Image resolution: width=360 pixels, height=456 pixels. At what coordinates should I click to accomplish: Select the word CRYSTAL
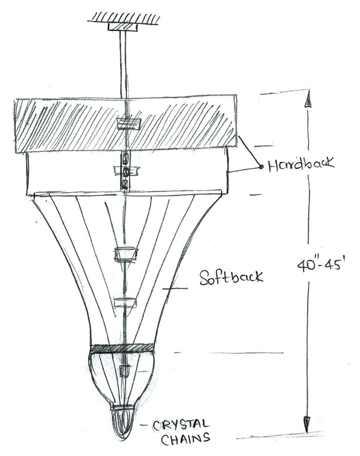[x=181, y=425]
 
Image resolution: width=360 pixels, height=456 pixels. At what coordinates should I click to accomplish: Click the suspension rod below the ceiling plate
[x=123, y=64]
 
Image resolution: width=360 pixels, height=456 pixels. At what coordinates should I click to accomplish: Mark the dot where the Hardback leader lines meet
[x=261, y=167]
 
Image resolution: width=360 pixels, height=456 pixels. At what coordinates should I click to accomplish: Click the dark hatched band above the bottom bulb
[x=122, y=348]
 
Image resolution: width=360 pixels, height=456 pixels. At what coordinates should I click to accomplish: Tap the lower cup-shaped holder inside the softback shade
[x=125, y=302]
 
